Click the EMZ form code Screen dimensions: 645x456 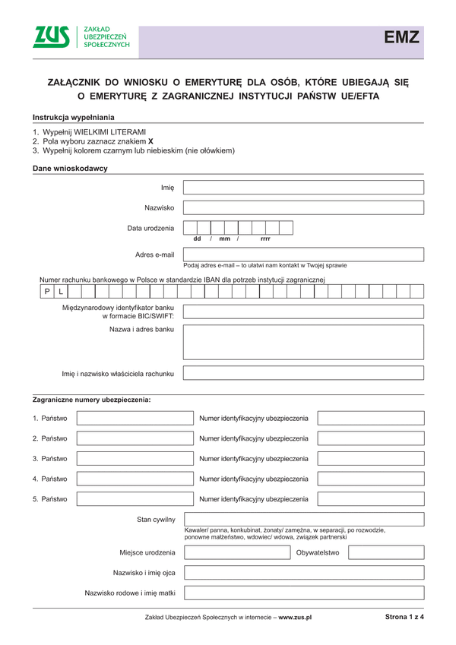[x=401, y=38]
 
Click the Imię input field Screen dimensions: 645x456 [x=303, y=188]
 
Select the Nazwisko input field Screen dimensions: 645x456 [x=303, y=207]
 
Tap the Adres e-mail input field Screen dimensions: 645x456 [x=303, y=255]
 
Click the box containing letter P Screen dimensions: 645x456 [x=46, y=291]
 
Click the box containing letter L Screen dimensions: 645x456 [x=61, y=291]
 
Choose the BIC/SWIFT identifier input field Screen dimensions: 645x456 [x=303, y=311]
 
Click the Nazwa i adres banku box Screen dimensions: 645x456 [x=303, y=342]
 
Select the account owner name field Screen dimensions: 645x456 [x=303, y=373]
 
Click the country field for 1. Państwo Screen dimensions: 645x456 [x=135, y=418]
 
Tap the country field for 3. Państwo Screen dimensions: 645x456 [x=135, y=459]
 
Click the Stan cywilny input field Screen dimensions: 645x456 [x=303, y=520]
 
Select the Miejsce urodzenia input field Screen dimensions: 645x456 [x=237, y=552]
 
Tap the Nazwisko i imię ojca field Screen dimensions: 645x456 [x=303, y=572]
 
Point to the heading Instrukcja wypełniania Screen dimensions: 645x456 [x=74, y=117]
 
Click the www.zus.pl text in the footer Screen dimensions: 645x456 [x=296, y=618]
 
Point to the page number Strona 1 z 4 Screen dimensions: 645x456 [x=404, y=617]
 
